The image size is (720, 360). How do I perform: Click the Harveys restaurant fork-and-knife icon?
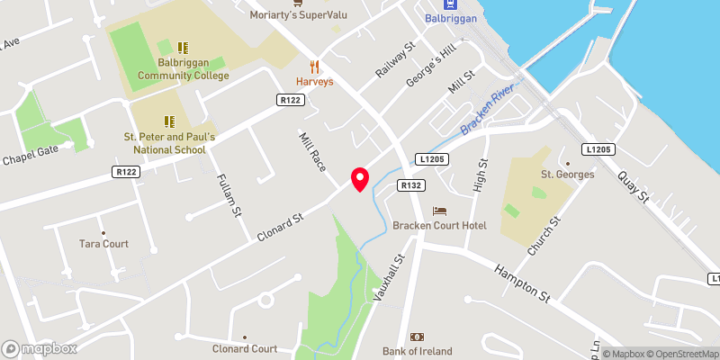[315, 66]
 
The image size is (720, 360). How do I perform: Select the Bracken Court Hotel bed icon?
[439, 211]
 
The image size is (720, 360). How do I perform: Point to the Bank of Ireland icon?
[417, 336]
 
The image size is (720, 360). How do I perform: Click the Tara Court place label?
[103, 244]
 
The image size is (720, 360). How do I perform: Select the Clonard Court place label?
[245, 348]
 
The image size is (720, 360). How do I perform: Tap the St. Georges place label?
[567, 174]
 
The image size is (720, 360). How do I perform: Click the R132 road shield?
[411, 185]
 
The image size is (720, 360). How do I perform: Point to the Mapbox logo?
[40, 348]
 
